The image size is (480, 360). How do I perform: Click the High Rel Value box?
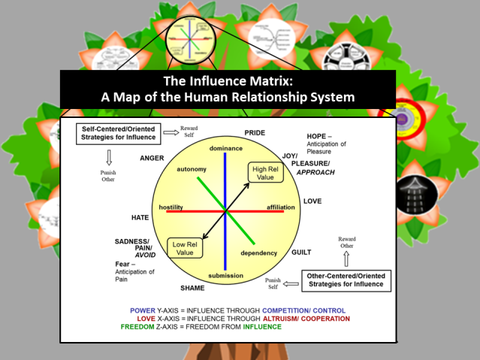click(266, 172)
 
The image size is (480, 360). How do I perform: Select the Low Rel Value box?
click(185, 249)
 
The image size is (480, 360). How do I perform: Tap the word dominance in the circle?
click(225, 148)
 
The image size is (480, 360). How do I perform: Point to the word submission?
click(225, 276)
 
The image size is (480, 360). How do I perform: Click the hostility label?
click(172, 207)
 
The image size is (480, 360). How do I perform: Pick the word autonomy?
click(191, 169)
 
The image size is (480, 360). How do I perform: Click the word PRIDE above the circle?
click(255, 133)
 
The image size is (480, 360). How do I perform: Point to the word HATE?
click(140, 217)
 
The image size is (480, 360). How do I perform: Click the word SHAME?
click(193, 288)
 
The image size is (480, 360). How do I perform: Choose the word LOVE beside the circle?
click(312, 201)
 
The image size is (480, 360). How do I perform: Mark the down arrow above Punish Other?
click(109, 158)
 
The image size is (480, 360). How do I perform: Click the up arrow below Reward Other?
click(346, 258)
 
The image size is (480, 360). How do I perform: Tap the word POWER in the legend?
click(143, 310)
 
